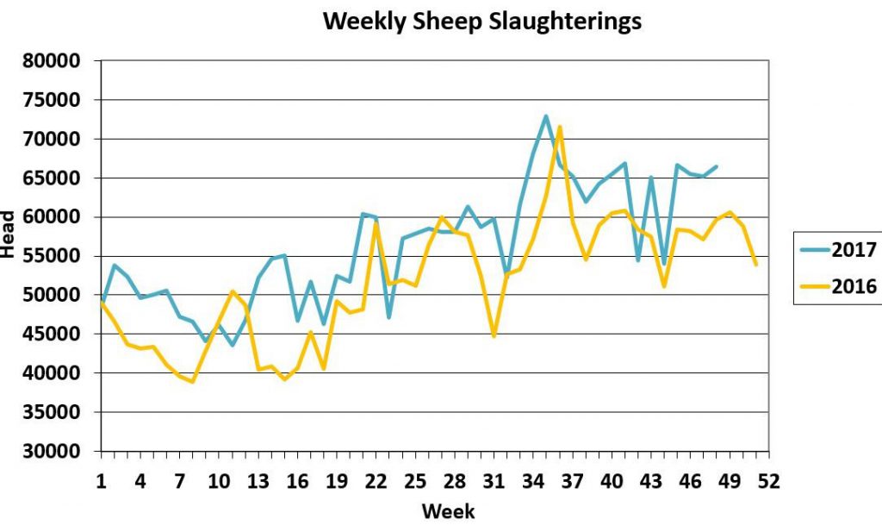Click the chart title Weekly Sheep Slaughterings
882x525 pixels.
(482, 21)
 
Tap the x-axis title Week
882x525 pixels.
(448, 511)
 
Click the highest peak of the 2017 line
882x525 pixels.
(546, 116)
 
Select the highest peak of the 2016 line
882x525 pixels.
(559, 127)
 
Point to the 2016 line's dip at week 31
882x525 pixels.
(494, 336)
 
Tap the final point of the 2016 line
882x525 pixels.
(756, 265)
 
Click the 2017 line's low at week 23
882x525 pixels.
(388, 317)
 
